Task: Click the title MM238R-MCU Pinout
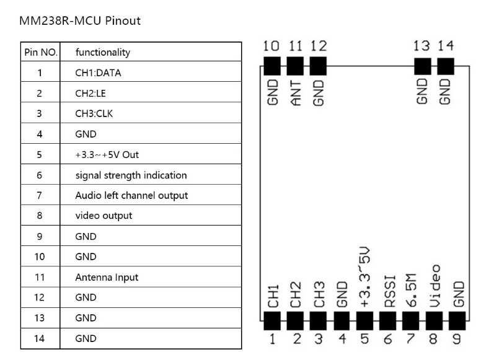click(80, 21)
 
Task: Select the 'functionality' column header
click(103, 52)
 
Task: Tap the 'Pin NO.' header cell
click(41, 52)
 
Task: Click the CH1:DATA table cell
click(98, 72)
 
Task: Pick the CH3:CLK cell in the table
click(94, 113)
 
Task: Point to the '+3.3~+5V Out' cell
click(107, 155)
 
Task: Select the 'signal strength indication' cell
click(131, 175)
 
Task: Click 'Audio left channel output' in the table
click(131, 195)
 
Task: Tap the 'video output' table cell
click(104, 216)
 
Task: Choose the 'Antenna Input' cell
click(107, 278)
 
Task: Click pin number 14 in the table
click(39, 338)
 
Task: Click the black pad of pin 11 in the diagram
click(295, 66)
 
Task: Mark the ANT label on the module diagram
click(296, 93)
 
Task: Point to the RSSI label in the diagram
click(389, 291)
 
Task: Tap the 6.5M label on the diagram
click(411, 290)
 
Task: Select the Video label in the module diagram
click(434, 286)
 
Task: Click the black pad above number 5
click(364, 321)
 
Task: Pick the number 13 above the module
click(421, 46)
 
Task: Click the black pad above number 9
click(457, 321)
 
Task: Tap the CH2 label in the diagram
click(296, 294)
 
